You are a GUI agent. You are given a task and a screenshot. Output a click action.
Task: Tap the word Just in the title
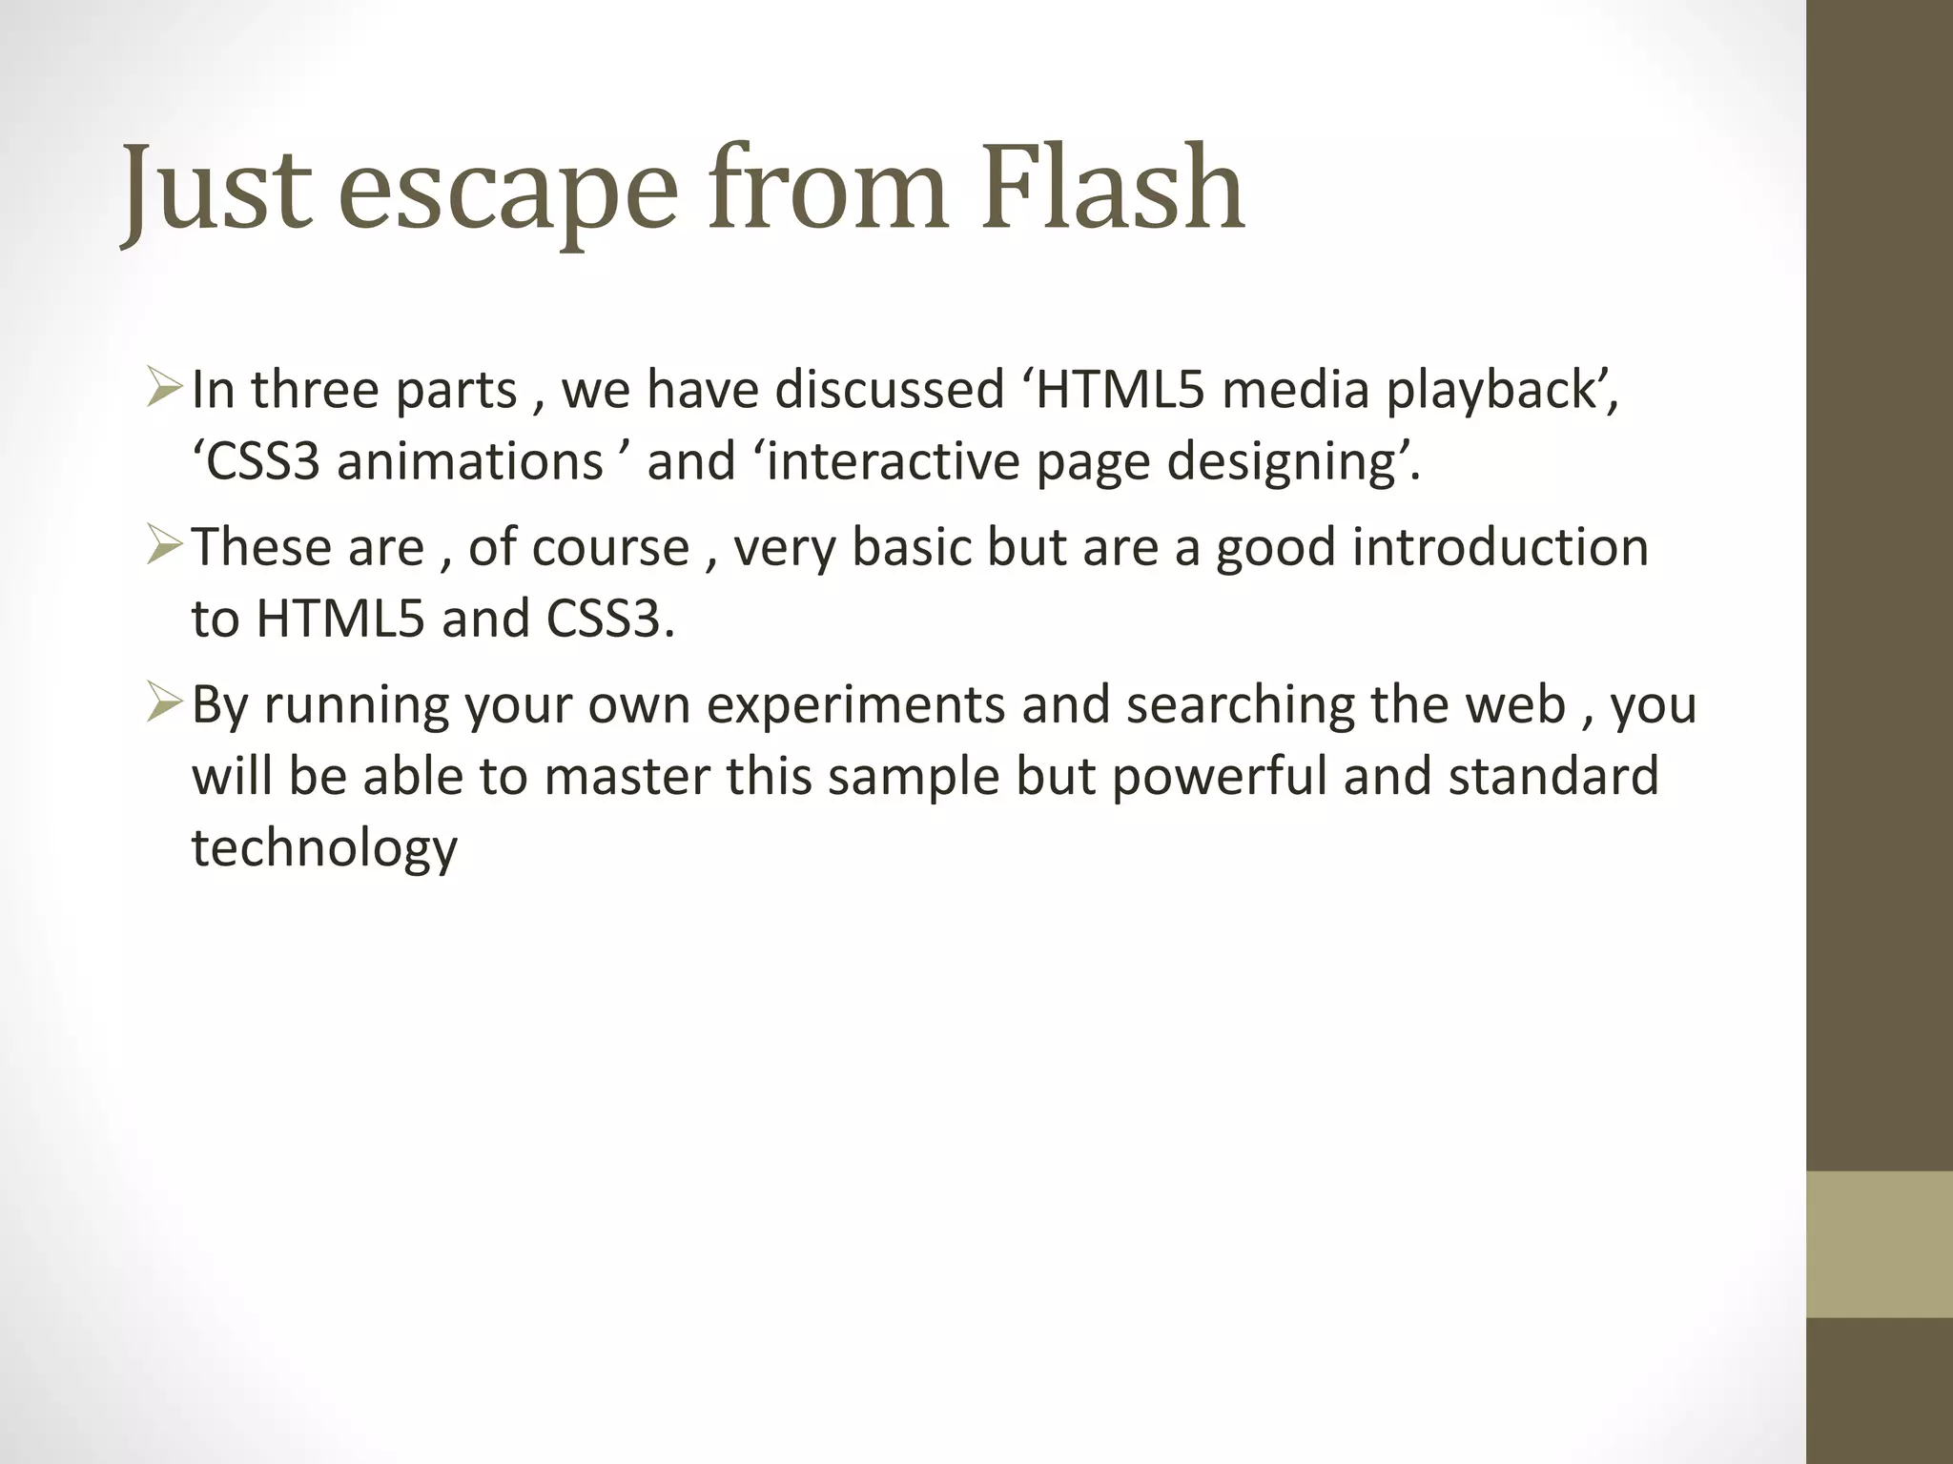pyautogui.click(x=217, y=191)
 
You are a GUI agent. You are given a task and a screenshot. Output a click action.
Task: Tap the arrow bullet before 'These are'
pyautogui.click(x=164, y=547)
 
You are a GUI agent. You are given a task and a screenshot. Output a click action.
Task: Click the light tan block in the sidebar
pyautogui.click(x=1880, y=1244)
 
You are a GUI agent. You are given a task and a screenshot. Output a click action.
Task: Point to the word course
pyautogui.click(x=609, y=548)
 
